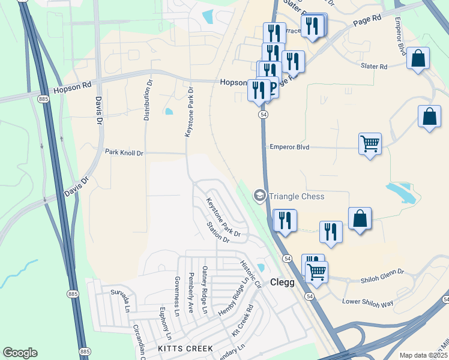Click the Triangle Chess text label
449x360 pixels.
coord(297,196)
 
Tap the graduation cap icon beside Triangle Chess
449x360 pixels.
coord(259,195)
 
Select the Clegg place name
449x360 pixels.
coord(282,282)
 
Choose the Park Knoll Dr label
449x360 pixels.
coord(124,153)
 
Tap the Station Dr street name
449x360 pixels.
coord(218,232)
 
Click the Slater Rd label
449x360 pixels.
coord(374,67)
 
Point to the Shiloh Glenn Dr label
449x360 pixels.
coord(383,280)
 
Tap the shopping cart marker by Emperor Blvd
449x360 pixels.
coord(370,144)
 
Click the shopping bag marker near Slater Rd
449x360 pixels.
coord(418,59)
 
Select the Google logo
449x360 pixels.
coord(20,353)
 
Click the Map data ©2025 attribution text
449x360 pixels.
coord(424,355)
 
